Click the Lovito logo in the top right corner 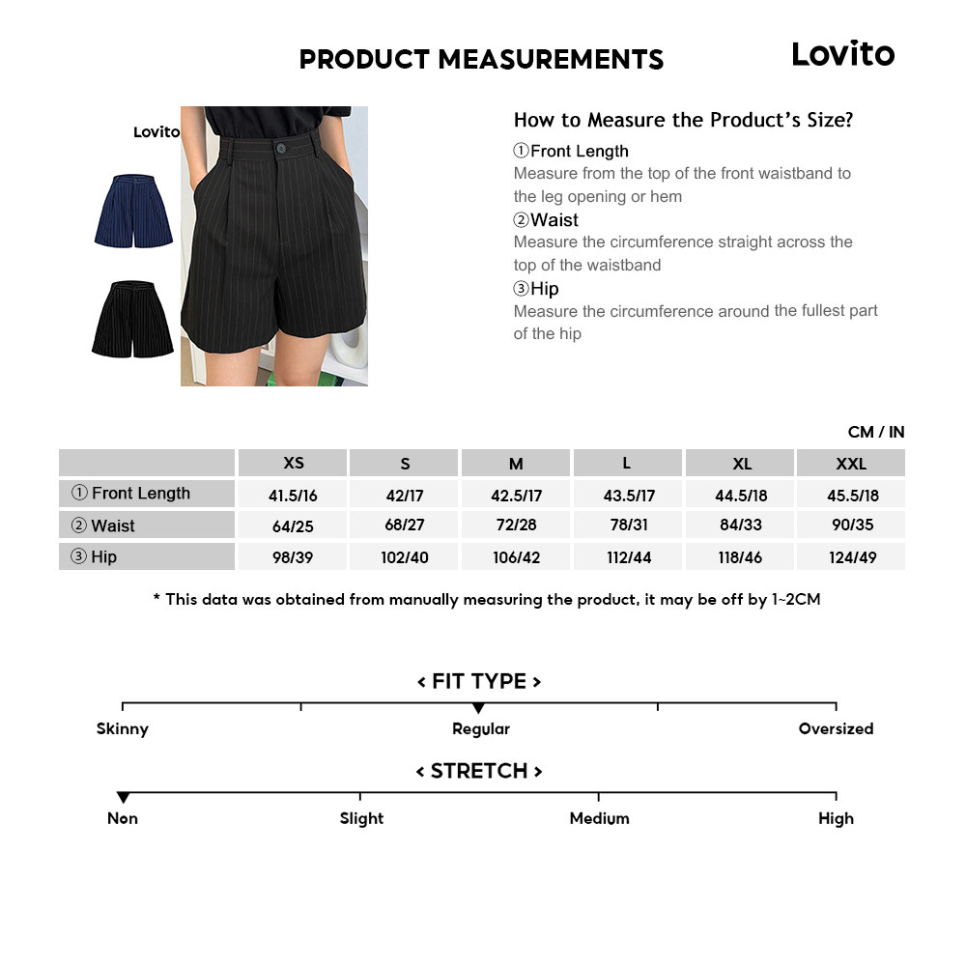[x=842, y=54]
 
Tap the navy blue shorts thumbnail [x=133, y=210]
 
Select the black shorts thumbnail [x=132, y=320]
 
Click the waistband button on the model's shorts [x=281, y=148]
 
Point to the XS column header [x=294, y=463]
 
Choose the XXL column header [x=851, y=464]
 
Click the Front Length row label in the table [x=141, y=494]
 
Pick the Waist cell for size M [x=517, y=526]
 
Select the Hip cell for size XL [x=741, y=557]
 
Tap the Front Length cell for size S [x=405, y=496]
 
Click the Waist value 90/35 [x=852, y=526]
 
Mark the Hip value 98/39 [x=294, y=557]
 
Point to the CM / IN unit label [x=876, y=432]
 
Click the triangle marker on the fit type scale [x=478, y=708]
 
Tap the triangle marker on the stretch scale [x=123, y=797]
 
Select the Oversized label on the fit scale [x=836, y=729]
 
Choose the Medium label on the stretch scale [x=599, y=818]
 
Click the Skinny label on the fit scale [x=123, y=729]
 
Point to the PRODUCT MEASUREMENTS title [x=481, y=60]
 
